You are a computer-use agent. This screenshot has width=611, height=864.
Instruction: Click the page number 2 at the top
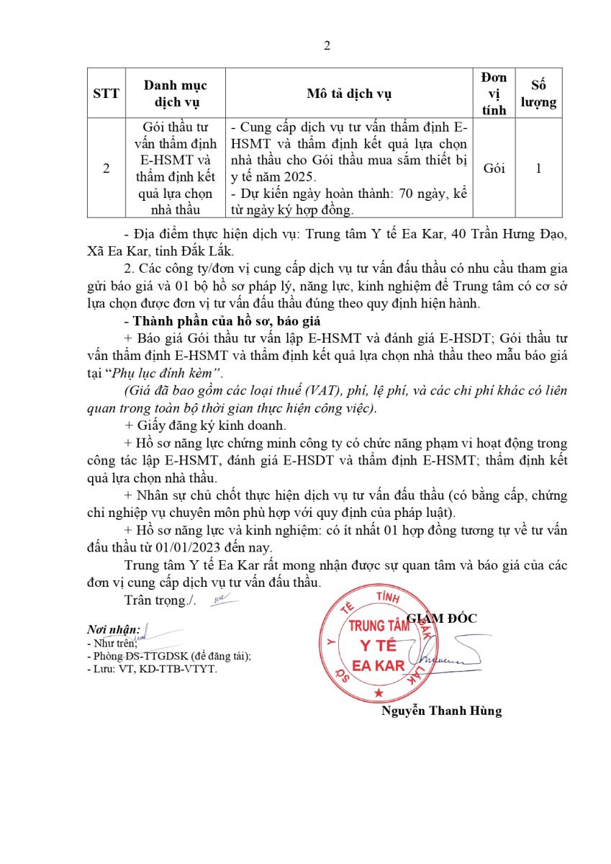click(327, 46)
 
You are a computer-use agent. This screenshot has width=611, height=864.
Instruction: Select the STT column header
click(107, 94)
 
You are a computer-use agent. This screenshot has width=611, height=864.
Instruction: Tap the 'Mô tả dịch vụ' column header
click(349, 94)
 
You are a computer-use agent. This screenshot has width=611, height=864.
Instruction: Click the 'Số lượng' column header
click(538, 94)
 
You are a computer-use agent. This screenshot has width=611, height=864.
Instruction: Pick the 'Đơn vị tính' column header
click(494, 94)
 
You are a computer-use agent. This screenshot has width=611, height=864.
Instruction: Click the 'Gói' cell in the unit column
click(494, 168)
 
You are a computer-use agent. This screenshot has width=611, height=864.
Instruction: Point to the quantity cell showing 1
click(538, 168)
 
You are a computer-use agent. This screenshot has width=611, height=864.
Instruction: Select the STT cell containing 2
click(107, 168)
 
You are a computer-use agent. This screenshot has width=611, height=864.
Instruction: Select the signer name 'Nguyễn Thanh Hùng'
click(442, 711)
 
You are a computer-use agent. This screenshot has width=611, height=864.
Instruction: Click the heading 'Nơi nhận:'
click(113, 629)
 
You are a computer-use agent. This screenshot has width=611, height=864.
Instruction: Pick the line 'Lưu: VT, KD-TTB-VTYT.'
click(152, 668)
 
